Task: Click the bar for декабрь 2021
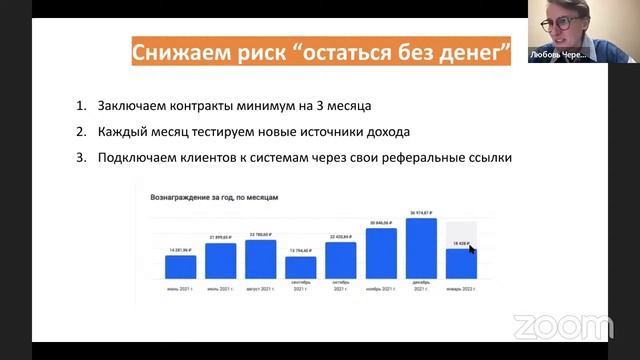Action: pos(421,248)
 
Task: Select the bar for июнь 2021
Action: pos(180,266)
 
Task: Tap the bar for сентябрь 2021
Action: pos(300,267)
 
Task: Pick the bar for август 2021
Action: pos(260,258)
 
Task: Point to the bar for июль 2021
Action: pos(220,260)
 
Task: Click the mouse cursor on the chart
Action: pos(472,250)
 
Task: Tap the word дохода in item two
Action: pos(388,132)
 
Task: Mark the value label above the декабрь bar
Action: pos(421,213)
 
